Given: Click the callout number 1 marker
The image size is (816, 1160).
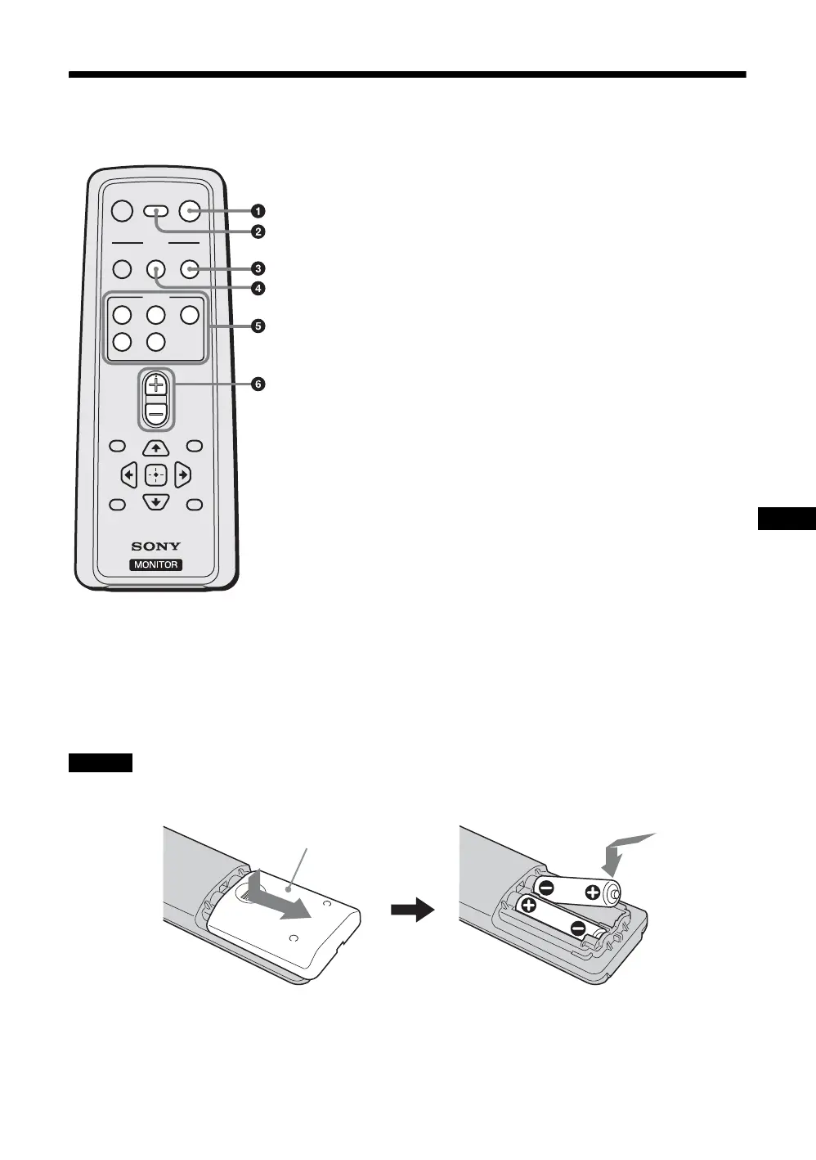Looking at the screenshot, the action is (x=258, y=212).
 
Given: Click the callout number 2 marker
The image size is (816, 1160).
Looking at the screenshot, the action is (x=258, y=232).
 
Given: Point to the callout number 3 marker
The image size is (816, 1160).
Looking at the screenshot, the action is (x=258, y=268).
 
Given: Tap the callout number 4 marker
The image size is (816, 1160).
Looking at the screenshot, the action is (x=258, y=288).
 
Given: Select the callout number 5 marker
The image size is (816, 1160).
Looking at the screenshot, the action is (x=258, y=326).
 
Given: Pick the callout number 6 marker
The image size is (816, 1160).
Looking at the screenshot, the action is (x=258, y=384).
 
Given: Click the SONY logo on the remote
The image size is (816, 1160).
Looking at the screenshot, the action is (x=156, y=546).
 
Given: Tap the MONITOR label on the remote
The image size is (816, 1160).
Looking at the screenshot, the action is (x=156, y=564).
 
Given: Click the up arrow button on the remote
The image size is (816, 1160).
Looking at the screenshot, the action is (x=155, y=447).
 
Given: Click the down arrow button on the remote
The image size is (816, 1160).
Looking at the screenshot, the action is (x=155, y=501).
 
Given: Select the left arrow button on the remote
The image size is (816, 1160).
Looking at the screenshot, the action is (x=128, y=474).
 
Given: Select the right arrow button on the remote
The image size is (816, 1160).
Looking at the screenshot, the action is (x=182, y=474).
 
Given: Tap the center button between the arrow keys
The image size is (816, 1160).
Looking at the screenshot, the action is (x=155, y=474).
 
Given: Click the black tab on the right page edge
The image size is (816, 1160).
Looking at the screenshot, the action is (x=787, y=519).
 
